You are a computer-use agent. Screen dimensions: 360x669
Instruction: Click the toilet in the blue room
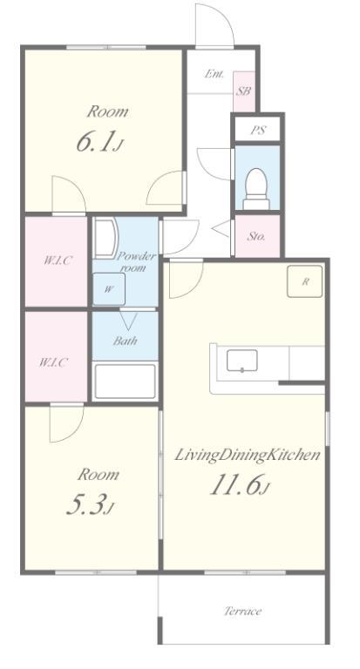click(x=256, y=189)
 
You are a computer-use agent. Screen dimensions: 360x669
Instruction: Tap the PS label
click(x=257, y=130)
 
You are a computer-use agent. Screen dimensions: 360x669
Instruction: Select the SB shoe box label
click(x=243, y=91)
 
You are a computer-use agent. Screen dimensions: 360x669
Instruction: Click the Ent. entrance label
click(x=214, y=74)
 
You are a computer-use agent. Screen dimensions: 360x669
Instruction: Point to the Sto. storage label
click(x=256, y=236)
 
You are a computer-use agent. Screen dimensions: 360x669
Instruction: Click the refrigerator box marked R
click(x=305, y=281)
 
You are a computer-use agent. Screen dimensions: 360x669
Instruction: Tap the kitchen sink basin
click(x=242, y=361)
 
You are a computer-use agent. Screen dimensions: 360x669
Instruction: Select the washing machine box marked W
click(x=109, y=289)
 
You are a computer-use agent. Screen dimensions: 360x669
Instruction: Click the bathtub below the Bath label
click(x=125, y=382)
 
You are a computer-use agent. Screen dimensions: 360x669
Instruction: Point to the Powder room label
click(x=136, y=261)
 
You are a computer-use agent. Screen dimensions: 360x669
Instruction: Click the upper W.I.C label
click(x=57, y=260)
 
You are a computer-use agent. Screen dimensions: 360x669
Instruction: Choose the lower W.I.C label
click(x=53, y=362)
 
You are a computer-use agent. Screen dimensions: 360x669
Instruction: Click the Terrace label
click(x=242, y=611)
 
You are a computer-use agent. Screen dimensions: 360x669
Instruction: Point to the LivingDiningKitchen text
click(x=248, y=456)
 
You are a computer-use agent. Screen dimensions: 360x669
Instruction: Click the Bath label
click(x=126, y=341)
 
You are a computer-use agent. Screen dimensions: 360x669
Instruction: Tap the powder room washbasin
click(x=105, y=238)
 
